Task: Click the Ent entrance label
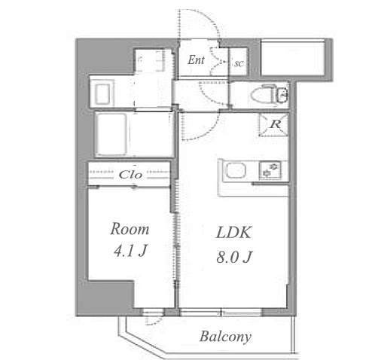coord(196,60)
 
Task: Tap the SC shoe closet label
coord(239,64)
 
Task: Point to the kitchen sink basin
coord(236,170)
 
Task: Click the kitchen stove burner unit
coord(270,170)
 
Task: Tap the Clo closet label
coord(130,175)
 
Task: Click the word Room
coord(130,229)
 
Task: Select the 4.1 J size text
coord(130,251)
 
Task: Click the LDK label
coord(233,233)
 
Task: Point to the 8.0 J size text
coord(234,257)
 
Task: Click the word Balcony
coord(225,337)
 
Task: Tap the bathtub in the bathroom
coord(111,134)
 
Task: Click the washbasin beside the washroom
coord(102,93)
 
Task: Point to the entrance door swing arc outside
coord(206,17)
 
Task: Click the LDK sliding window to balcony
coord(221,313)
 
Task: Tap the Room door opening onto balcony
coord(152,313)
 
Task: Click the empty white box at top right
coord(293,58)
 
